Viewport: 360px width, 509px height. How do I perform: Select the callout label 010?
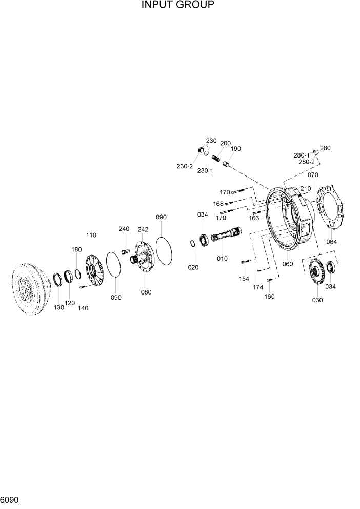point(222,259)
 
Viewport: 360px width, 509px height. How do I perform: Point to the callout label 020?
point(193,267)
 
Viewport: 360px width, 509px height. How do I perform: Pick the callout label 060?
point(287,264)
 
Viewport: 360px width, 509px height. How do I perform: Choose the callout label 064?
point(332,242)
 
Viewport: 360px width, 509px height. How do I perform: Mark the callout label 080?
point(146,292)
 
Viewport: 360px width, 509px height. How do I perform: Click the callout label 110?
point(91,235)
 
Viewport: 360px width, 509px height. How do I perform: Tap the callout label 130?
point(58,307)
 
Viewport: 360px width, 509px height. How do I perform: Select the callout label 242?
point(143,229)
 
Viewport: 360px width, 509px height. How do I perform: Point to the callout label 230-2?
point(185,166)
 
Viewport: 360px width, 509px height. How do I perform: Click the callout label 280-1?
point(301,155)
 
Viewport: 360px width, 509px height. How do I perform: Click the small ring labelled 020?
point(192,243)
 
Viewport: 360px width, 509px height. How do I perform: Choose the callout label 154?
point(244,279)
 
